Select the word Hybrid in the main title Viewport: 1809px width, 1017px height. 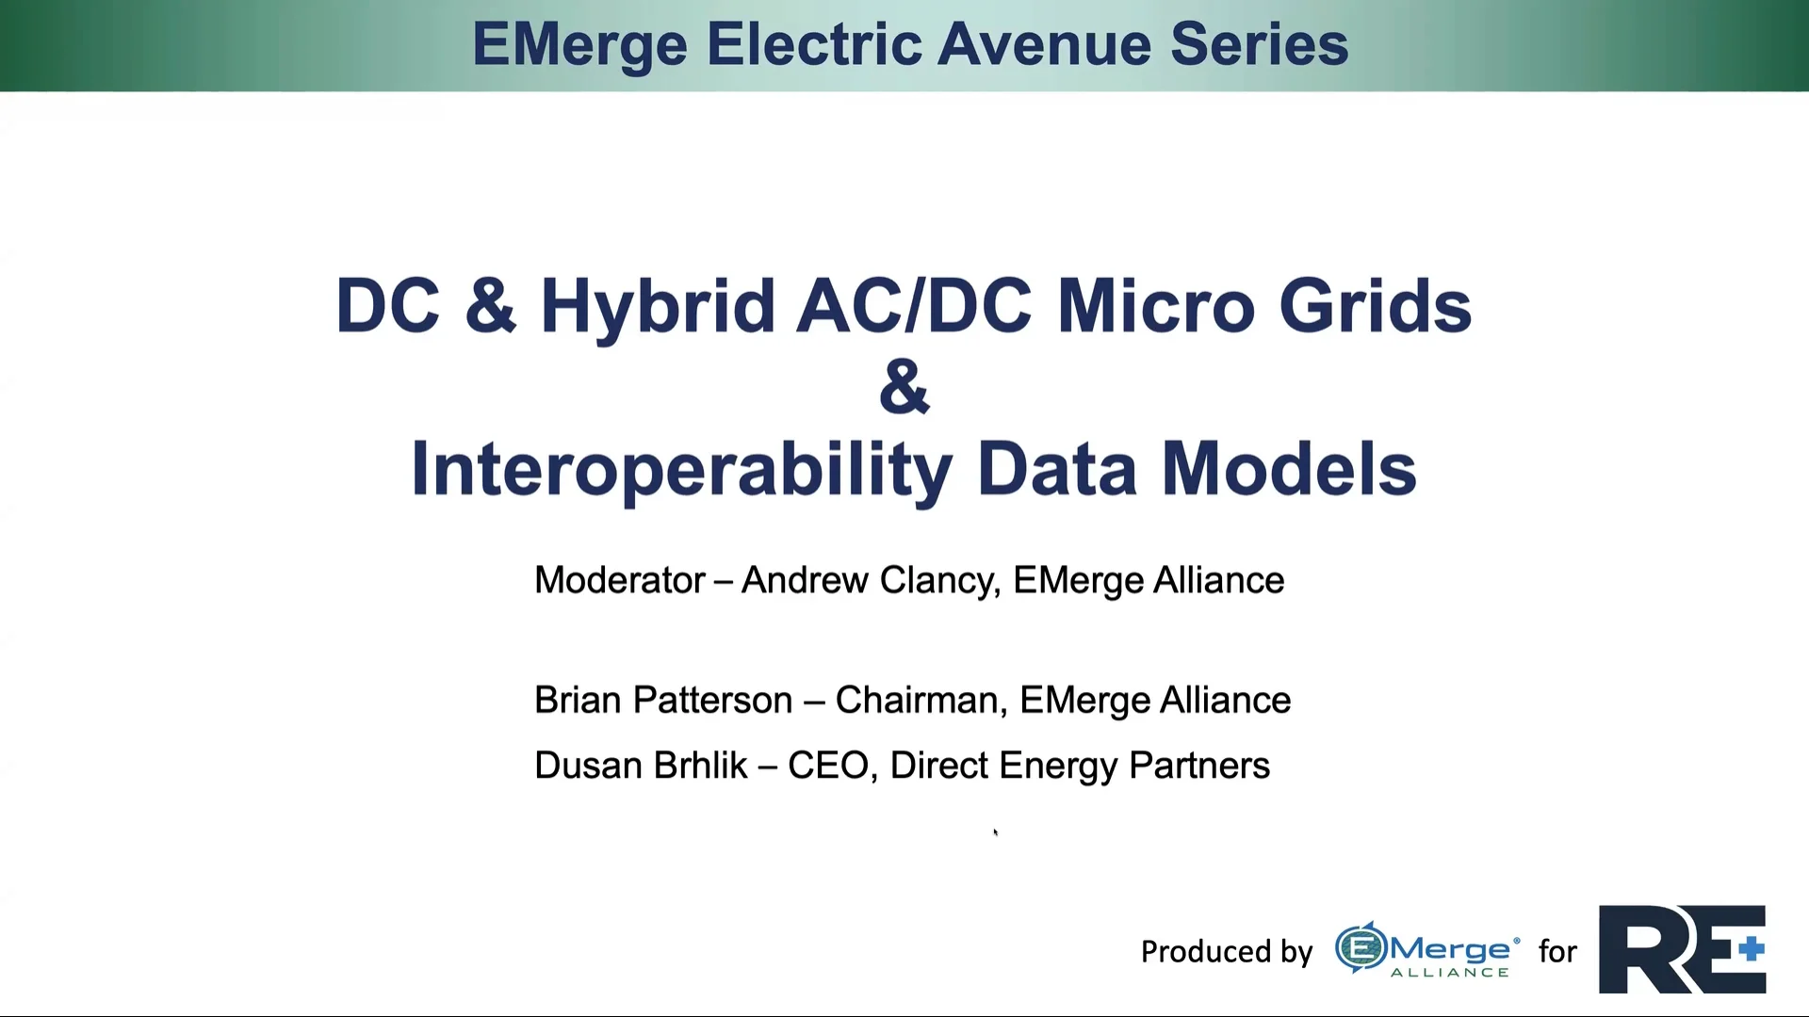click(x=657, y=307)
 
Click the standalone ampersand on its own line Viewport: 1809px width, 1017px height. click(x=904, y=387)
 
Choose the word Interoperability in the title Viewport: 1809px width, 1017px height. click(x=681, y=469)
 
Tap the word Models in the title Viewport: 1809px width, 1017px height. click(x=1288, y=469)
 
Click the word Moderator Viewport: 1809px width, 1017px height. click(x=620, y=580)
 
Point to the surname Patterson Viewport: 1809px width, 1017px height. click(x=712, y=701)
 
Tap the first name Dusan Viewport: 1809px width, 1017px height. click(x=588, y=766)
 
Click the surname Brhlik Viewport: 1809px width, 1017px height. click(x=700, y=766)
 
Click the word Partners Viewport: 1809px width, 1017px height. click(x=1198, y=766)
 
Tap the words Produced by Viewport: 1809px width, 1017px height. click(x=1226, y=952)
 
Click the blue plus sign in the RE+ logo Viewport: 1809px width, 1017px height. click(x=1752, y=948)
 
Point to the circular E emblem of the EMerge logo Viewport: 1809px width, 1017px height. click(x=1361, y=948)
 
